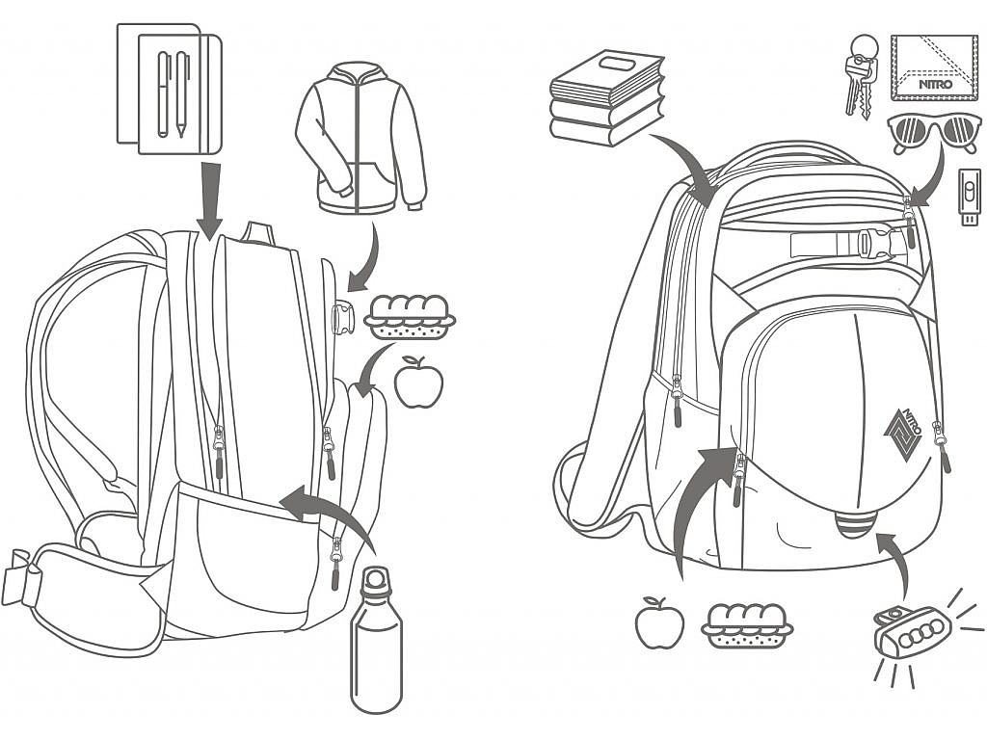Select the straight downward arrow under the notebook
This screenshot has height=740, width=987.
pos(209,200)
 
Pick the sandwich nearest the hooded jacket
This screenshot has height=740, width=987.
pos(410,316)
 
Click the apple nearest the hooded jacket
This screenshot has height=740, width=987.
pos(418,382)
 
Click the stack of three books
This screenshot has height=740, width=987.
pos(607,97)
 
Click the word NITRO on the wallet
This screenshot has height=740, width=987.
pos(935,85)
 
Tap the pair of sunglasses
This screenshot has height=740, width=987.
pos(934,134)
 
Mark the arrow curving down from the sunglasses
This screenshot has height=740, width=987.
pos(931,178)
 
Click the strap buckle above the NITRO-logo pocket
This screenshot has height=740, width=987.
pos(872,244)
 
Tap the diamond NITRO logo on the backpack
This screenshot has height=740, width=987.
pos(903,435)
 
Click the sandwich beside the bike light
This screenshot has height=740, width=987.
pos(747,625)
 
